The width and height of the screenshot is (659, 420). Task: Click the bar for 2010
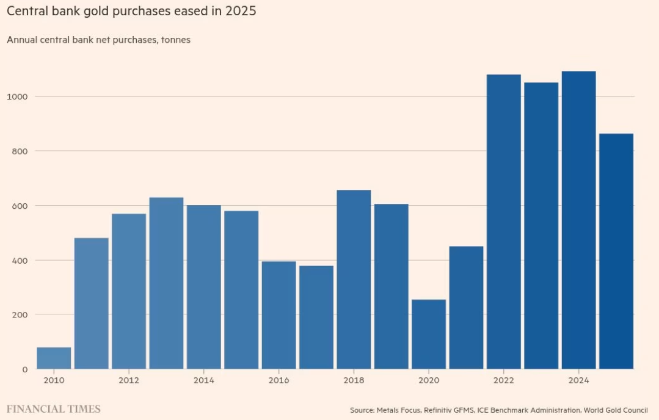click(x=54, y=358)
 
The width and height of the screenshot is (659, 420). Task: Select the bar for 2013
click(x=166, y=283)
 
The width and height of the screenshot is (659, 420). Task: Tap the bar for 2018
click(x=354, y=280)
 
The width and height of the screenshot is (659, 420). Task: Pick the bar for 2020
click(x=429, y=334)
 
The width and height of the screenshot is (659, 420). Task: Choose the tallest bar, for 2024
click(x=578, y=220)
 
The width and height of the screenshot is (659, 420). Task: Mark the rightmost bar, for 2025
click(x=616, y=251)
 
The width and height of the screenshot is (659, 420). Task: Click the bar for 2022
click(x=503, y=222)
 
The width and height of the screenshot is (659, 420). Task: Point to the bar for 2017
click(x=316, y=317)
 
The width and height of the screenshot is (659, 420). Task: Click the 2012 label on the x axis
click(x=129, y=380)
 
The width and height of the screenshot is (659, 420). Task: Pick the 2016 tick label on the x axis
click(x=279, y=380)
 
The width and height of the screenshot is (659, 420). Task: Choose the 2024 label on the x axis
click(x=578, y=380)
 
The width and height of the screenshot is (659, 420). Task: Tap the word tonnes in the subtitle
click(x=175, y=40)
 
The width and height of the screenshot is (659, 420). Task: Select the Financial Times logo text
click(x=54, y=409)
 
